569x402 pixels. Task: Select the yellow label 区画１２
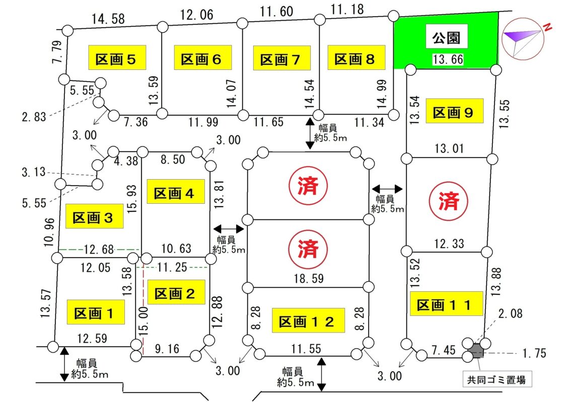(308, 320)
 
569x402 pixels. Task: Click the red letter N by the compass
(547, 29)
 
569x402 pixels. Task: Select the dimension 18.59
(308, 278)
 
